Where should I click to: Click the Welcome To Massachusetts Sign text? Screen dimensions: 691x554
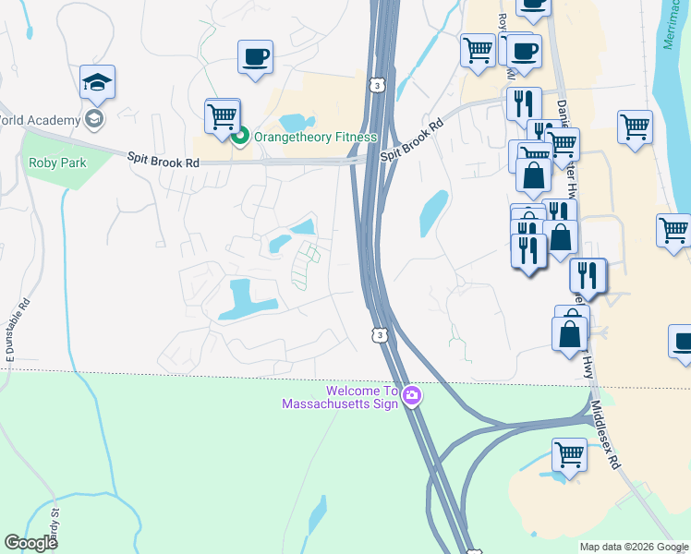click(x=340, y=397)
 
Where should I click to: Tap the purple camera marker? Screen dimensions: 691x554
click(x=412, y=397)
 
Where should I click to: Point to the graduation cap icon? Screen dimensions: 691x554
click(x=97, y=83)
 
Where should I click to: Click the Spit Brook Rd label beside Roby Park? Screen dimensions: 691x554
click(x=164, y=161)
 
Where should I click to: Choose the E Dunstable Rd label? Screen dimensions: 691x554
click(x=10, y=328)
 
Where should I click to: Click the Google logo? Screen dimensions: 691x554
click(x=30, y=543)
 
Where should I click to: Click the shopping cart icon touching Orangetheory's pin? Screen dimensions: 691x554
click(x=223, y=116)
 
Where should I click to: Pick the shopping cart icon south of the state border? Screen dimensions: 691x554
click(x=570, y=455)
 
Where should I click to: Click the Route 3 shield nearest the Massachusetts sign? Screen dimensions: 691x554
click(x=379, y=334)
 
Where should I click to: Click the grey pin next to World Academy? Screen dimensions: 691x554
click(x=93, y=118)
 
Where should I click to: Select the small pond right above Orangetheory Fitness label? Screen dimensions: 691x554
click(x=294, y=121)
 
